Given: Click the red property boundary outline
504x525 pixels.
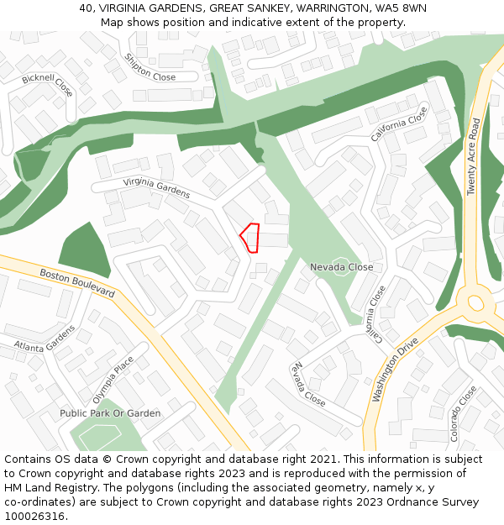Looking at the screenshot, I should (250, 237).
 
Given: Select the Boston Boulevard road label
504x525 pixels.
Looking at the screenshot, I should (77, 282).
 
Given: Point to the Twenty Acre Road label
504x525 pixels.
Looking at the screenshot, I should (474, 157).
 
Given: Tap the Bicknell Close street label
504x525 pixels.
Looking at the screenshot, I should (48, 85).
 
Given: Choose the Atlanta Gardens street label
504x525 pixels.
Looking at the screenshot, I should (45, 338).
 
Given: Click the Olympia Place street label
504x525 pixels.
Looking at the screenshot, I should (113, 381).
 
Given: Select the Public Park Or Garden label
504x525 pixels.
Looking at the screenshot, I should (110, 413).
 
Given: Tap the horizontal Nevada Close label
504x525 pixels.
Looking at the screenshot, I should (342, 267).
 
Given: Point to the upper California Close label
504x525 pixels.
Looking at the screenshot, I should (399, 123).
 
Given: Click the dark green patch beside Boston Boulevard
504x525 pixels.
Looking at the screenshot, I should (84, 251).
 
